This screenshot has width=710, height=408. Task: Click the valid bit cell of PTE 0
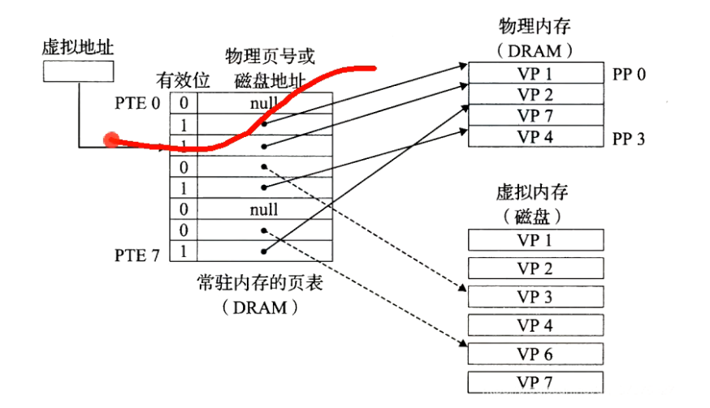(x=184, y=104)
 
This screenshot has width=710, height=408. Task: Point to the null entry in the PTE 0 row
(x=264, y=104)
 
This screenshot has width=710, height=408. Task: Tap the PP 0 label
(x=629, y=75)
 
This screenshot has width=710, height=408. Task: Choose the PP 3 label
(x=629, y=138)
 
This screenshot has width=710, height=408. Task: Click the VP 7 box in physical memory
(x=535, y=115)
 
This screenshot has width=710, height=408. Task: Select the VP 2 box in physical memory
(x=535, y=94)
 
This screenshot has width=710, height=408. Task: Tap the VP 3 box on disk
(x=535, y=297)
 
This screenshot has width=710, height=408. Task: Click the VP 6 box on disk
(x=535, y=354)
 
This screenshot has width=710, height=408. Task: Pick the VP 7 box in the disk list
(x=535, y=382)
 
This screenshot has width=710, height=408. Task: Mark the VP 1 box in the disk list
(x=535, y=240)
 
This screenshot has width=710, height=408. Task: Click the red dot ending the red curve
(x=110, y=141)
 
